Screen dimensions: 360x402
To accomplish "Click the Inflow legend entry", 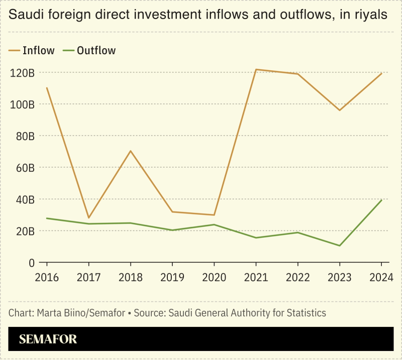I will pos(32,50).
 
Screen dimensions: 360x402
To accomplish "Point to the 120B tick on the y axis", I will pos(22,73).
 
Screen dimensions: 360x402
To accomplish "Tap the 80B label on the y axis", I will pos(24,136).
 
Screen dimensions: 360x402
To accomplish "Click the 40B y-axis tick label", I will pos(24,199).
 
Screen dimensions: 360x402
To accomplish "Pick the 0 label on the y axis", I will pos(31,263).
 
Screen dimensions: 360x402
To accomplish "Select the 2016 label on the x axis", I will pos(47,278).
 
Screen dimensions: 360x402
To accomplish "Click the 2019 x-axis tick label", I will pos(172,278).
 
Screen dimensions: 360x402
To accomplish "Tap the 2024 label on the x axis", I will pos(381,278).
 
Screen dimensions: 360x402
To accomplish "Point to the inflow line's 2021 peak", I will pos(256,69).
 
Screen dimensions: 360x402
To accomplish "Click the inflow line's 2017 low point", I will pos(89,218).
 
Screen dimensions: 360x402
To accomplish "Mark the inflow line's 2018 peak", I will pos(131,151).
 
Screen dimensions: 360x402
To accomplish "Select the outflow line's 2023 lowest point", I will pos(340,246).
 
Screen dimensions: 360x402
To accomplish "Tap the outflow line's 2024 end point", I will pos(381,200).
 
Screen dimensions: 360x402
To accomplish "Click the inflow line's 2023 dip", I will pos(340,110).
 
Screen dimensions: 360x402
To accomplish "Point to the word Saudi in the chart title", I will pos(25,16).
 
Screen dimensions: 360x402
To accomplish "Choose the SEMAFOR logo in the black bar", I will pos(48,339).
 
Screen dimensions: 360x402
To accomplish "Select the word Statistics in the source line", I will pos(305,313).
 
